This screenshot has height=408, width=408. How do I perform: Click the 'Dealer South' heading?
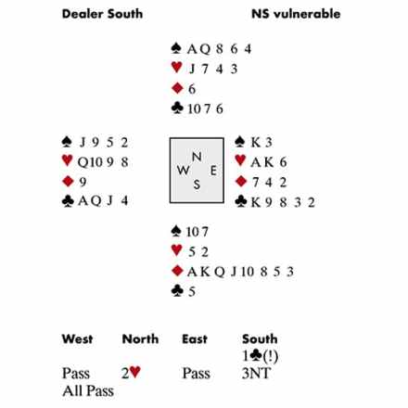(102, 14)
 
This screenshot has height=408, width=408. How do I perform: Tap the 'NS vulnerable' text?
(296, 14)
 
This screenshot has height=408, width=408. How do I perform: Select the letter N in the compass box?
(197, 157)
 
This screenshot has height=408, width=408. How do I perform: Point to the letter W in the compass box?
(184, 170)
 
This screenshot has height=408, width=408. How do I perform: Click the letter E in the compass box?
(213, 171)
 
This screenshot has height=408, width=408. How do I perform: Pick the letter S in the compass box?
(197, 185)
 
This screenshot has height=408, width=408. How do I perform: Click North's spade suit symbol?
(176, 48)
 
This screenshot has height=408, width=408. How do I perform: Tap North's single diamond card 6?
(192, 89)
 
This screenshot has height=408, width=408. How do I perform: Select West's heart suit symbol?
(67, 160)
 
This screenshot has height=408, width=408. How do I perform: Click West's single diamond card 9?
(83, 182)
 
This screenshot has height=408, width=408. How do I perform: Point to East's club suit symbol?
(241, 201)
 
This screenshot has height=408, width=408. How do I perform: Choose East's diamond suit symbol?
(241, 182)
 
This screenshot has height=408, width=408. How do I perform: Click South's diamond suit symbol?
(177, 271)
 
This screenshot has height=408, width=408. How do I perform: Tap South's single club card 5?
(192, 291)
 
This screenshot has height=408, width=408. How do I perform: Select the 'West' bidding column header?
(77, 339)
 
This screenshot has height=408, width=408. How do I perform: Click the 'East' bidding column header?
(195, 339)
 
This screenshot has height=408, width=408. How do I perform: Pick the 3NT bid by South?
(257, 373)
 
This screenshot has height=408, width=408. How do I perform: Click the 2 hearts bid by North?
(131, 373)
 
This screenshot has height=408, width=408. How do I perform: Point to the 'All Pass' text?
(88, 390)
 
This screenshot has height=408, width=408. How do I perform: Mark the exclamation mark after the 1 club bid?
(271, 356)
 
